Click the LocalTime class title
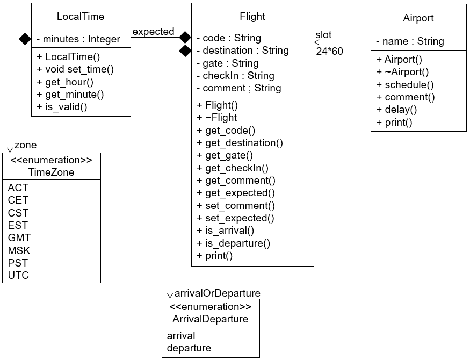(81, 17)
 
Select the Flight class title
(252, 17)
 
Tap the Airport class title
(418, 18)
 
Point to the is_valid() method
(62, 107)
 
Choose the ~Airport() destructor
(403, 72)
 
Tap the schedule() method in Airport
(405, 85)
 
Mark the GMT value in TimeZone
(19, 237)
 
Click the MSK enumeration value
(19, 250)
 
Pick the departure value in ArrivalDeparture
(189, 348)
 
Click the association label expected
(153, 32)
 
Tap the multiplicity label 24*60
(330, 52)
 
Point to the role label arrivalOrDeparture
(218, 293)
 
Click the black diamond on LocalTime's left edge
(25, 39)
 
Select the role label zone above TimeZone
(25, 145)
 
